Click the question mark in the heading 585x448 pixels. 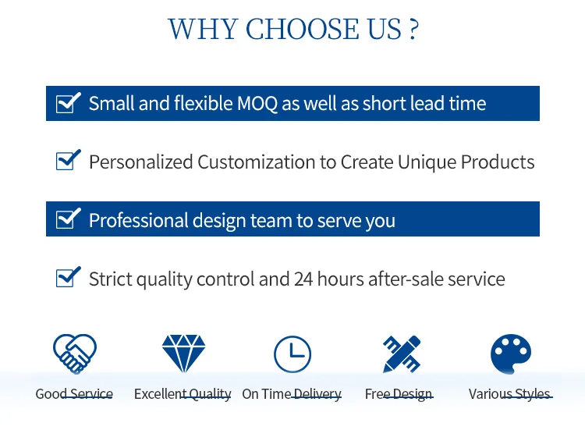(x=413, y=29)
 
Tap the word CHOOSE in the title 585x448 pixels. (x=302, y=29)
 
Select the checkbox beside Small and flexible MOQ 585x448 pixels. (x=69, y=102)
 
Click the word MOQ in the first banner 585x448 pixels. (x=257, y=103)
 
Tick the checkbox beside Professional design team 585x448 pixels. (x=69, y=218)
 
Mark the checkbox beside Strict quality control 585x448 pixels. (x=69, y=277)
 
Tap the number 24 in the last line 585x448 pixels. (x=303, y=279)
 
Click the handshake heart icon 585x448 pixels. (x=75, y=354)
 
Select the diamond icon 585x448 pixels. (x=183, y=354)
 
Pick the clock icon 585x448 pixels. (x=292, y=354)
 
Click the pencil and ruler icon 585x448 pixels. (x=402, y=354)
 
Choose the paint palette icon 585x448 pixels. (x=511, y=354)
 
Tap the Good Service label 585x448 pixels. (x=74, y=394)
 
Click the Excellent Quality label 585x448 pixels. (x=183, y=394)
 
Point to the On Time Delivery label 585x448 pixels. (x=292, y=394)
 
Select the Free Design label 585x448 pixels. (x=399, y=394)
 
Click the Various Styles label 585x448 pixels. (x=510, y=394)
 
